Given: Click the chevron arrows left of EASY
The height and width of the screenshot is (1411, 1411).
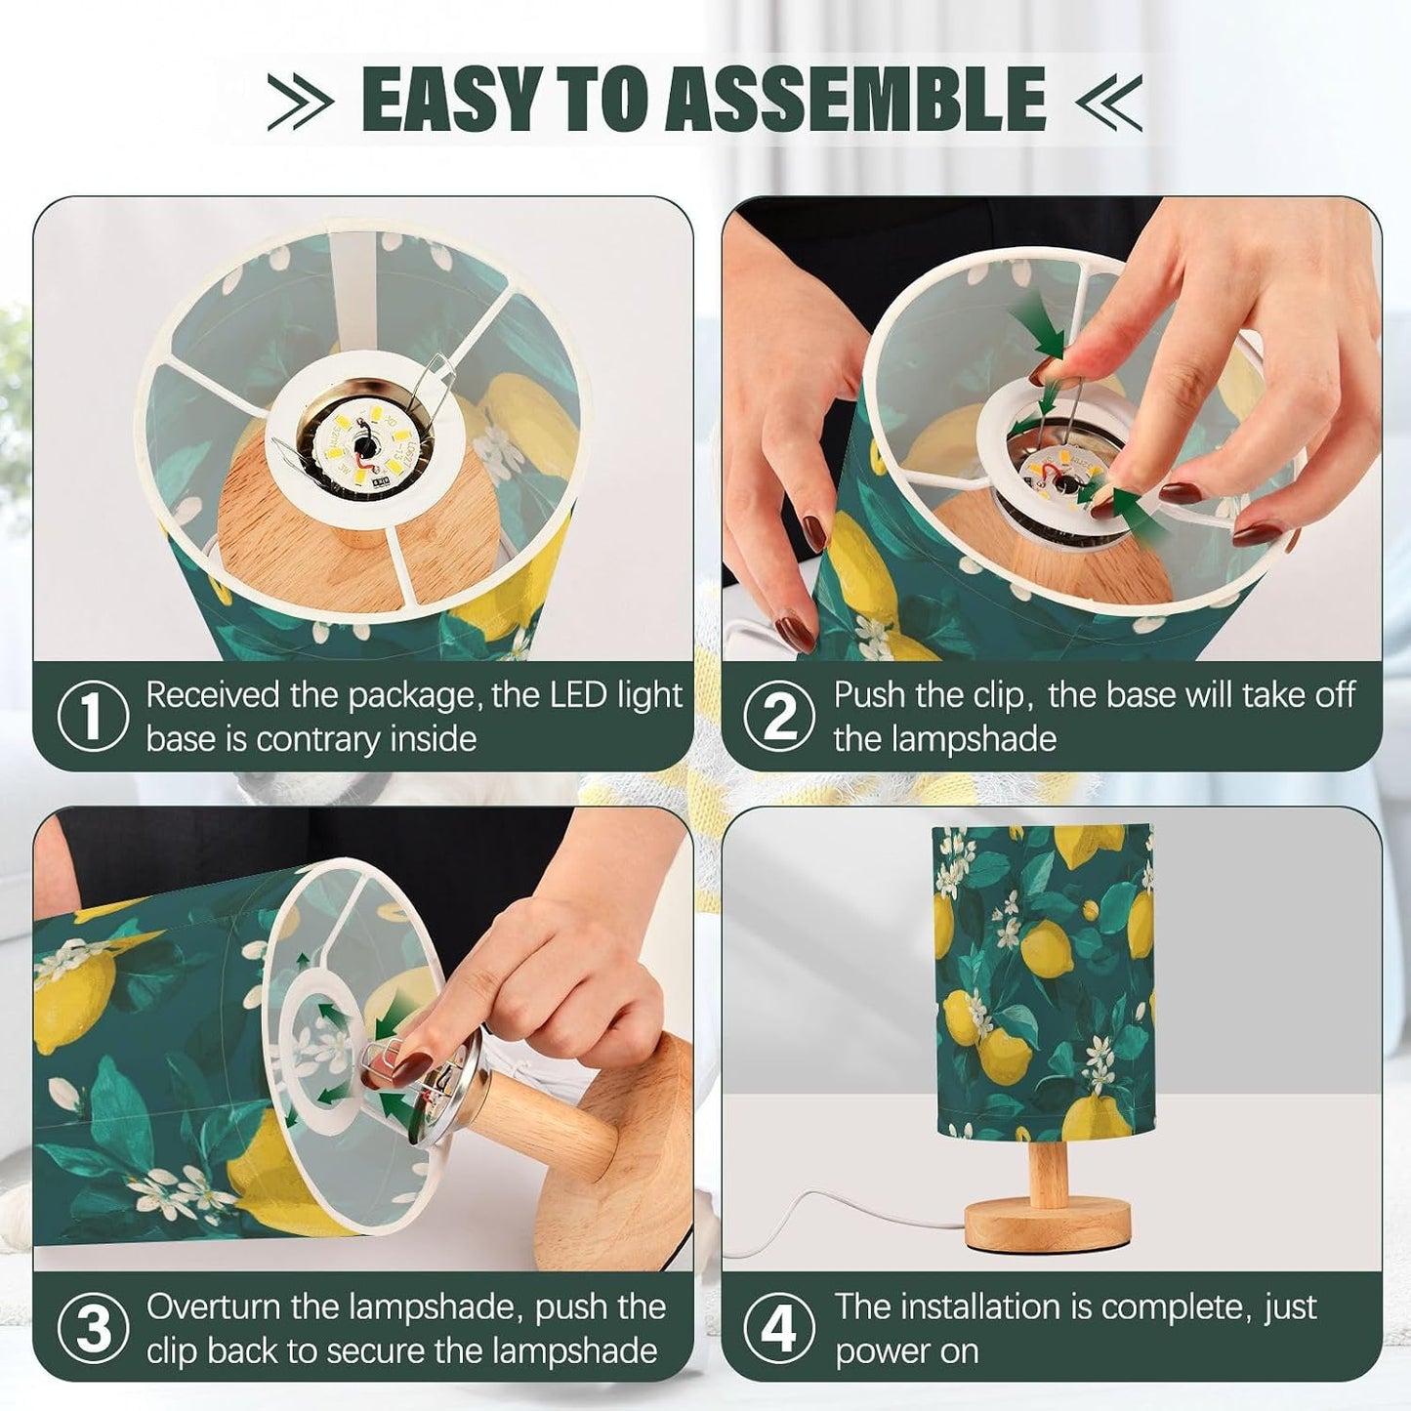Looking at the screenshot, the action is pos(299,101).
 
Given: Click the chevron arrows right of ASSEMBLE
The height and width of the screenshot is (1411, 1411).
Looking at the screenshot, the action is pos(1108,101).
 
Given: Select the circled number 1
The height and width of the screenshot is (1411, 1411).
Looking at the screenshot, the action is pos(92,716).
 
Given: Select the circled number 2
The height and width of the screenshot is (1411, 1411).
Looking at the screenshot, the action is pos(779,716).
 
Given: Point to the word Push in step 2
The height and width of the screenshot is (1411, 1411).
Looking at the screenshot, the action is pos(869,694).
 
